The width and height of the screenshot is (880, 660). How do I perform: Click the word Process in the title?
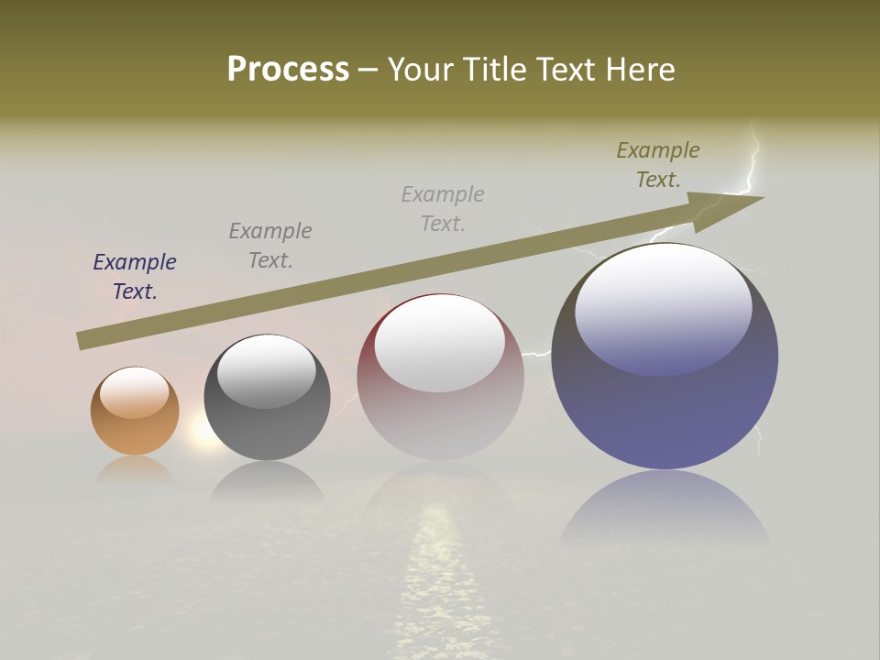[288, 69]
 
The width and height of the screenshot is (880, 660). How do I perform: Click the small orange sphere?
[135, 431]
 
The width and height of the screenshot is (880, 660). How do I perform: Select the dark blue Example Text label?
[135, 277]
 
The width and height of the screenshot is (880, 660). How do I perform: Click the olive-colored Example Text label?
[658, 165]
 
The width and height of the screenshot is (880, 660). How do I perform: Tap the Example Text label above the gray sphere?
[270, 246]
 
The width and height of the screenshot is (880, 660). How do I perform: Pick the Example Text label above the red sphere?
[443, 208]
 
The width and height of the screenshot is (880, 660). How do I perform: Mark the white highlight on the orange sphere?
[135, 392]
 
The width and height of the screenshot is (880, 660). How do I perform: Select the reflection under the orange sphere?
[135, 470]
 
